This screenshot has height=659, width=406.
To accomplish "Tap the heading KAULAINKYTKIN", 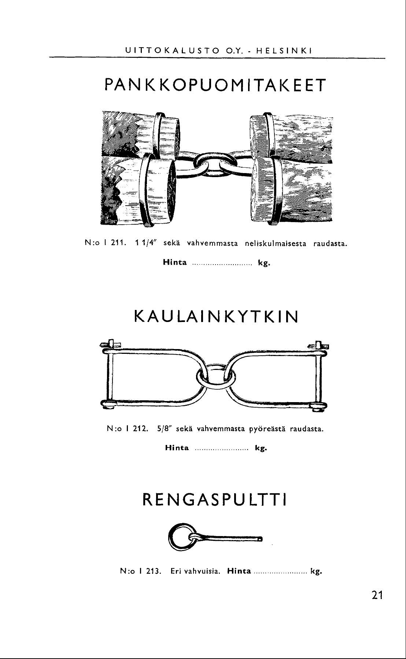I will [x=217, y=317].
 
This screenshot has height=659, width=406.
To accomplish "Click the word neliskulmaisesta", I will [x=274, y=243].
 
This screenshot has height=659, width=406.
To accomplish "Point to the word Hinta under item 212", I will [x=177, y=448].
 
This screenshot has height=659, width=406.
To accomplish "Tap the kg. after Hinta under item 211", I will [x=264, y=262].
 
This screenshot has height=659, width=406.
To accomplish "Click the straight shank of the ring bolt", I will [x=231, y=538].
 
